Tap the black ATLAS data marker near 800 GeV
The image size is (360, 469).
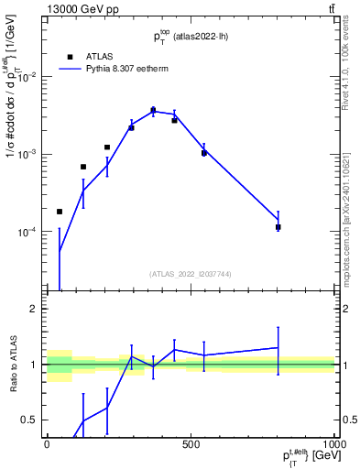tap(278, 226)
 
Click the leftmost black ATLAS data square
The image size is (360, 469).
tap(60, 212)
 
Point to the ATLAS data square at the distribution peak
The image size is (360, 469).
tap(153, 110)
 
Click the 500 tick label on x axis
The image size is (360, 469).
tap(191, 444)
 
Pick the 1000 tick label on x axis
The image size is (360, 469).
tap(334, 444)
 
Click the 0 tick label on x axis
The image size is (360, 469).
tap(47, 444)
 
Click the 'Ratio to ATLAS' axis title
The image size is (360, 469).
tap(12, 365)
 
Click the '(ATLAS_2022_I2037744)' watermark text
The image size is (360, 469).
tap(191, 274)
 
